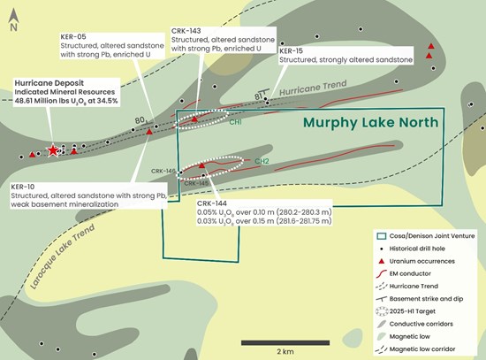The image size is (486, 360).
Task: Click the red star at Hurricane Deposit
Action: coord(55,150)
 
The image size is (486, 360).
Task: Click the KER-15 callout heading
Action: coord(292,51)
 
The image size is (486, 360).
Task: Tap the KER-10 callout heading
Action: coord(24,188)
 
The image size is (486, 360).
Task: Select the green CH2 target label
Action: coord(262,162)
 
